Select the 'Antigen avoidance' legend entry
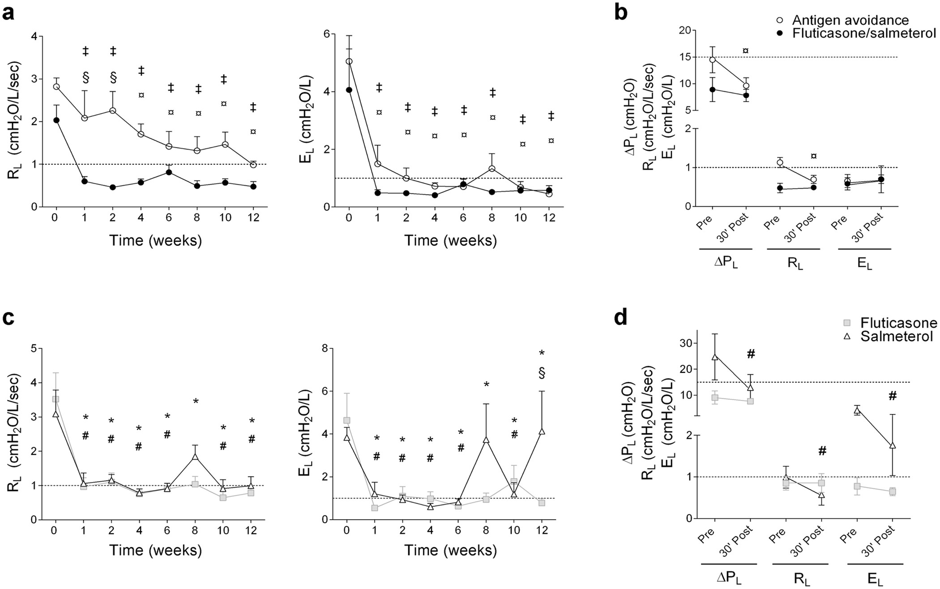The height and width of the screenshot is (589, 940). [850, 20]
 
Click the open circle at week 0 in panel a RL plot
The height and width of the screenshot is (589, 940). [56, 86]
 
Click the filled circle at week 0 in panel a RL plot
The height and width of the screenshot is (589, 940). [56, 120]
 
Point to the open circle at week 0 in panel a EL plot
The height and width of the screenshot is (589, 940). [350, 61]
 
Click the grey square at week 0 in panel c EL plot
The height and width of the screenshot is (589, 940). [346, 420]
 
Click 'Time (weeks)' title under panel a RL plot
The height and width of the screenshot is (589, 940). [156, 241]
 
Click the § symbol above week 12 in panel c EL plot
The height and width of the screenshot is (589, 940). [542, 373]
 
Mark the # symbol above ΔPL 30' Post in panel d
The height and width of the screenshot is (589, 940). [751, 354]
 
